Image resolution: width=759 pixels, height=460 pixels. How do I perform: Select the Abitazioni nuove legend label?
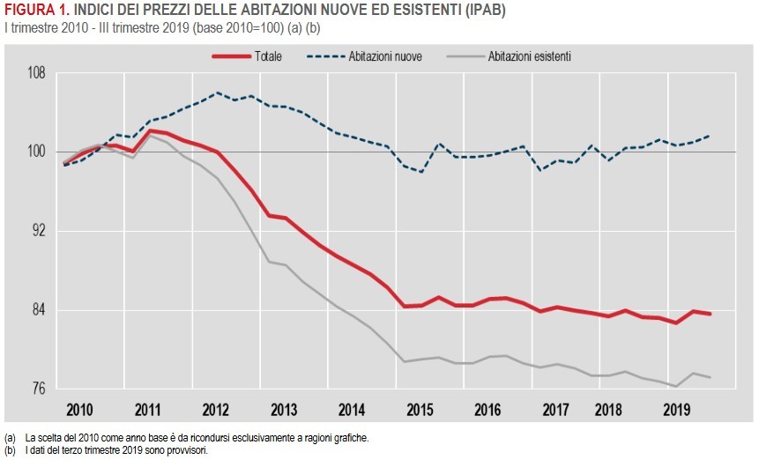tap(385, 56)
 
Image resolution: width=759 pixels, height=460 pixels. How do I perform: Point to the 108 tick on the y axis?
tap(34, 73)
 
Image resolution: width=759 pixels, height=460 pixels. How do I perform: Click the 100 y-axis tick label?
tap(34, 152)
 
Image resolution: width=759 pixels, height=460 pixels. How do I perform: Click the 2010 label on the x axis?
tap(80, 411)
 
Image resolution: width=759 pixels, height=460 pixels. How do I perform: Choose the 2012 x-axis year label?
tap(216, 411)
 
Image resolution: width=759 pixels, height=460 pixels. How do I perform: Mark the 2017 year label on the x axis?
tap(555, 411)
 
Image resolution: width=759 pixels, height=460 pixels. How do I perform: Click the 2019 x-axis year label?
tap(677, 411)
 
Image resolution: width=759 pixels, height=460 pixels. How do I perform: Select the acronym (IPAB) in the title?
tap(481, 10)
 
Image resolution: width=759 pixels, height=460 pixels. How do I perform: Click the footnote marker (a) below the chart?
tap(10, 437)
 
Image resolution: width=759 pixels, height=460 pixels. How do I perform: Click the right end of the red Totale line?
tap(711, 314)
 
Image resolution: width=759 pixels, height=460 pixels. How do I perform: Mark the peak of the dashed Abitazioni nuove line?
tap(217, 92)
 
